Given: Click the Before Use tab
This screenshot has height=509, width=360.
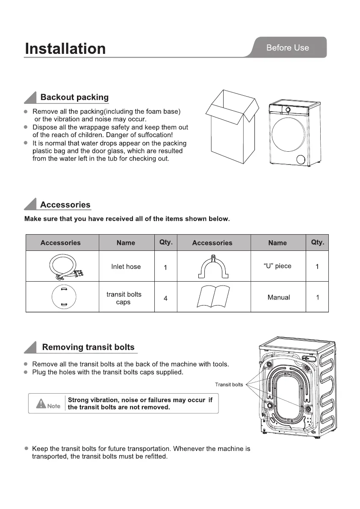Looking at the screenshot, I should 287,48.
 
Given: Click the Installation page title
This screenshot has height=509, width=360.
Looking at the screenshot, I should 65,49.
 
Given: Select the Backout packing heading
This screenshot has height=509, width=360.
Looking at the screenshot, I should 74,97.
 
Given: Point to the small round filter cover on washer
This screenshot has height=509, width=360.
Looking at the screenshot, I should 302,159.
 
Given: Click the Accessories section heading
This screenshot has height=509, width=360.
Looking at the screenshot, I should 65,205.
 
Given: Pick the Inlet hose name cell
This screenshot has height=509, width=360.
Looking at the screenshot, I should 126,267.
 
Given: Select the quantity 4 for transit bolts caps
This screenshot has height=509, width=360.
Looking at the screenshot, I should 165,298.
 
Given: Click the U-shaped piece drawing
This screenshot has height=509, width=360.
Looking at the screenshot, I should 213,266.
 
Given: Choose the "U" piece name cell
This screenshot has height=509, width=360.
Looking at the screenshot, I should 277,266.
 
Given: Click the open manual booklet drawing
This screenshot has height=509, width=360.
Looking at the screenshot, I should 213,297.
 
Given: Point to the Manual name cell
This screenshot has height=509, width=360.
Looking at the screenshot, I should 278,297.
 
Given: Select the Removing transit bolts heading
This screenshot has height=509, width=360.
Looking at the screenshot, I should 88,347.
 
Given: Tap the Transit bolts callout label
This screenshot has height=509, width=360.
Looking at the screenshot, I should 229,385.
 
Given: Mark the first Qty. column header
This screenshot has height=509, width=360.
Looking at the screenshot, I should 166,242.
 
